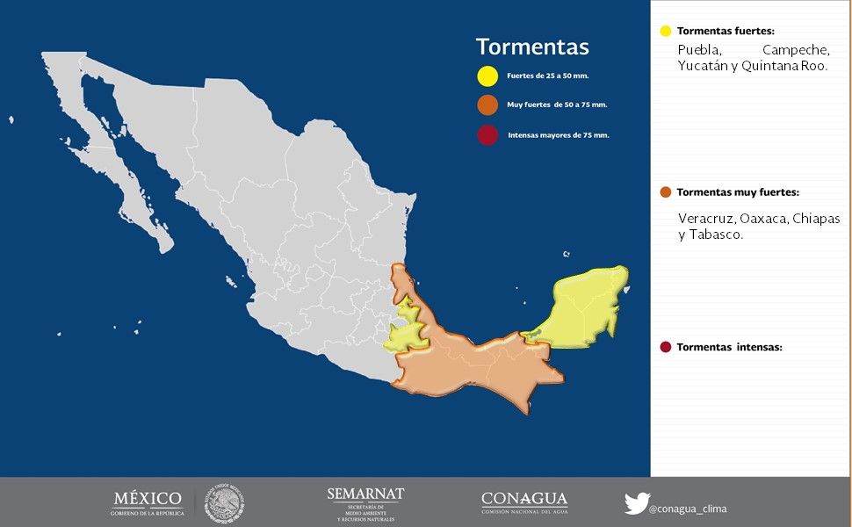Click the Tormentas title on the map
pos(532,47)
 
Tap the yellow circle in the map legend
pos(487,76)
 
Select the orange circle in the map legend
pos(487,105)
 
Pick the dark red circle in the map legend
pos(487,135)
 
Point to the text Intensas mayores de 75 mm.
pos(558,136)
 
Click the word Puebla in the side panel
pos(699,50)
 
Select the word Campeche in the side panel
pos(796,50)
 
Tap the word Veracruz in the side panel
pos(705,218)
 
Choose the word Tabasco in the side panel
pos(717,235)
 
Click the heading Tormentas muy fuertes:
pos(738,192)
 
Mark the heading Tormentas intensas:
pos(728,347)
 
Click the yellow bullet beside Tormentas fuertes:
pos(665,31)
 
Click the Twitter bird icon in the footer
pos(636,503)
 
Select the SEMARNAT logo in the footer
pos(365,503)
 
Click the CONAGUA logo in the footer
pos(524,502)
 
